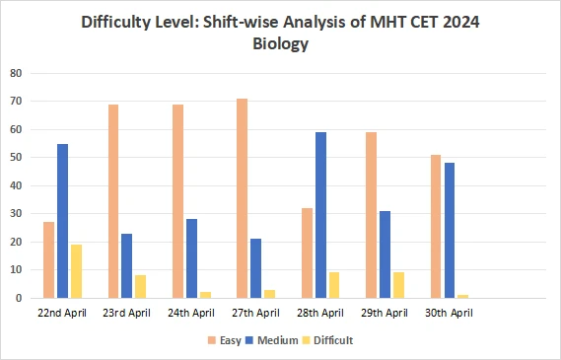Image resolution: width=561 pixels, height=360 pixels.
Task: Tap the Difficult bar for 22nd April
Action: point(76,271)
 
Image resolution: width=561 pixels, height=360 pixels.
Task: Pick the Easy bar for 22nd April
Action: point(48,259)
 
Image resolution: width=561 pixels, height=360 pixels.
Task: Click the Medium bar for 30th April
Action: point(450,231)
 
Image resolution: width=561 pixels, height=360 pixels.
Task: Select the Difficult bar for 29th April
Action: point(398,285)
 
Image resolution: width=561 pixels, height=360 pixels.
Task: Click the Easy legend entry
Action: point(225,340)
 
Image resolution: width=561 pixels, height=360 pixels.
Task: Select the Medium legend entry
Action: point(273,340)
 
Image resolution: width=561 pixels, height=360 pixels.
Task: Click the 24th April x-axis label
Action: point(191,313)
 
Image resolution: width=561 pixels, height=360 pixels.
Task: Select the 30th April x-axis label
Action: point(450,313)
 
